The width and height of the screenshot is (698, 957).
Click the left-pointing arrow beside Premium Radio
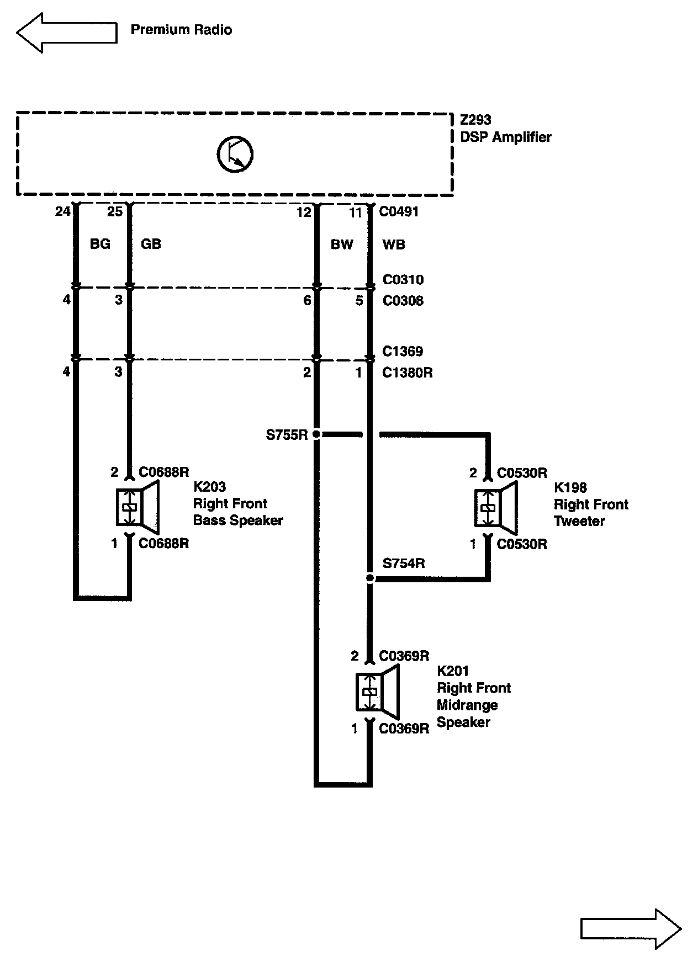(x=66, y=33)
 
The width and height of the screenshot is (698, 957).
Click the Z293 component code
(x=475, y=120)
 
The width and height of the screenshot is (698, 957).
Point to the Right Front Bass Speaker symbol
(x=137, y=507)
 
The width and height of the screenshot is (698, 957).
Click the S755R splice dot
(x=316, y=435)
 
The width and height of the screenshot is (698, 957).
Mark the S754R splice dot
(x=370, y=578)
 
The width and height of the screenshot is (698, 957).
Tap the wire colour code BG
(x=100, y=244)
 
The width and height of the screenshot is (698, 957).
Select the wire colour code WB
(x=394, y=244)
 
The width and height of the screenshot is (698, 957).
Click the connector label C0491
(x=399, y=212)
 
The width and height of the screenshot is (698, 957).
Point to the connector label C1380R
(x=408, y=373)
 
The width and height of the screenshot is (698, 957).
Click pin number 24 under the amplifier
(x=63, y=211)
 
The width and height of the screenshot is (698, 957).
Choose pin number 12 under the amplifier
(x=304, y=212)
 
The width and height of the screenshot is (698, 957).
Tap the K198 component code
(x=570, y=488)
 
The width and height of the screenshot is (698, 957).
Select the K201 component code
(x=453, y=671)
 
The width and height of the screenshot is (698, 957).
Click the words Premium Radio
(x=181, y=30)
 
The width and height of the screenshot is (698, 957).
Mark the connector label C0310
(x=403, y=280)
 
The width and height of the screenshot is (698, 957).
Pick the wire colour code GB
(x=151, y=244)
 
